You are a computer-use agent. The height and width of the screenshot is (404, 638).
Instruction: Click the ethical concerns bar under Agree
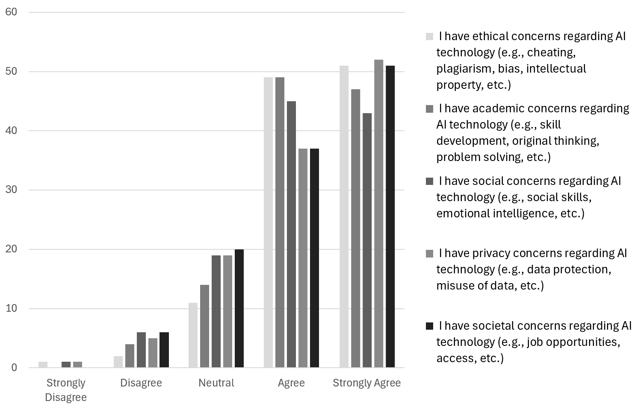[268, 222]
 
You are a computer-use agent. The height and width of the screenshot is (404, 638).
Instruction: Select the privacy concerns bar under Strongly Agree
[378, 214]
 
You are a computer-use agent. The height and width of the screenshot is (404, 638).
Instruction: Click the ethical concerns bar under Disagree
[118, 362]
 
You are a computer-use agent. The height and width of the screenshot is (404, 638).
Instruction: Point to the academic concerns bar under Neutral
[204, 326]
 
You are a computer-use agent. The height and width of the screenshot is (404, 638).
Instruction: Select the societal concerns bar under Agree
[314, 258]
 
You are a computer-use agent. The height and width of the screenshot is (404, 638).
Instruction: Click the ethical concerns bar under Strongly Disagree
[43, 365]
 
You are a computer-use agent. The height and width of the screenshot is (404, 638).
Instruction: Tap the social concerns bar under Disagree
[141, 350]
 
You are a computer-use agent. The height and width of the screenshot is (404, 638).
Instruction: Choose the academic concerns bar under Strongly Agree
[355, 228]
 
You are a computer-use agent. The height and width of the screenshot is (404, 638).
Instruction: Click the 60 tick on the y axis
[11, 12]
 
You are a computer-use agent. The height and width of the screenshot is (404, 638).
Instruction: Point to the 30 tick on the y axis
[11, 190]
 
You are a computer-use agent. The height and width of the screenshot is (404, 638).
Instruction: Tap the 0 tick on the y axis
[14, 368]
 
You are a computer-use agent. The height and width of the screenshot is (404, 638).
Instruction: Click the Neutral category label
[216, 383]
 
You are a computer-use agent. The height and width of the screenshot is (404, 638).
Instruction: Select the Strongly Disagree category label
[66, 389]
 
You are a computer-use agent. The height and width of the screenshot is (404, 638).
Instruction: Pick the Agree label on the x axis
[291, 383]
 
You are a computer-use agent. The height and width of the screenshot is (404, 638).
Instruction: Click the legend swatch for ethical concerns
[429, 37]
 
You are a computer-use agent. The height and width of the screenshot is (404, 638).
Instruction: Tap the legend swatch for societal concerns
[429, 326]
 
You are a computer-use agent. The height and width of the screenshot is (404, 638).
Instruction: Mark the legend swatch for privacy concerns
[429, 254]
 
